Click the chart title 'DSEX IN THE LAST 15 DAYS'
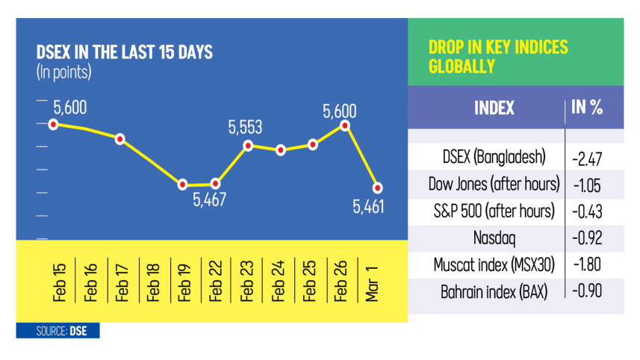point(125,53)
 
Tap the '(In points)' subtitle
point(63,72)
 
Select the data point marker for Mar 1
point(378,187)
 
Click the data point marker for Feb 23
point(248,146)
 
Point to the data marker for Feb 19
point(182,184)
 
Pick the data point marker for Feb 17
point(119,139)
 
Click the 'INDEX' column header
point(494,108)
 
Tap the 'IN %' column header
point(587,107)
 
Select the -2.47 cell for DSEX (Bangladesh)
point(587,158)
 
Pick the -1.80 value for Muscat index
point(587,264)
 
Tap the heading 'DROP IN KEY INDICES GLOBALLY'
point(498,57)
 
